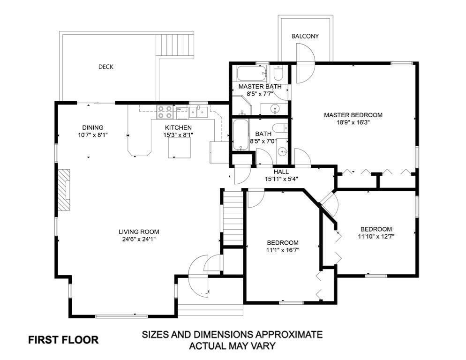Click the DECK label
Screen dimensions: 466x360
(x=106, y=67)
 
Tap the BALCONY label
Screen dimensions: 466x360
(x=305, y=36)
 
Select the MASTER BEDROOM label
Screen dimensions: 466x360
(x=353, y=115)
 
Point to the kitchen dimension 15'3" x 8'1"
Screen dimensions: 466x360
(x=178, y=135)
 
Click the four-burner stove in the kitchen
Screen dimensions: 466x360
(x=165, y=112)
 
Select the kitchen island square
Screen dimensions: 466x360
(x=179, y=148)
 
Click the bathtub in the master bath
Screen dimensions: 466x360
(x=251, y=74)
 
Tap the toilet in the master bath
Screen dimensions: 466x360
(x=278, y=73)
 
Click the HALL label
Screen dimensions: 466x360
(x=281, y=172)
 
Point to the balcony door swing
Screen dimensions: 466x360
(x=305, y=63)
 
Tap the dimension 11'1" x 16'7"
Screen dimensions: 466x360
(x=283, y=250)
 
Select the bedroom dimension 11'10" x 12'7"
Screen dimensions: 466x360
(x=376, y=236)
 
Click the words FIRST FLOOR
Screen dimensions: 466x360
(x=63, y=340)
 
